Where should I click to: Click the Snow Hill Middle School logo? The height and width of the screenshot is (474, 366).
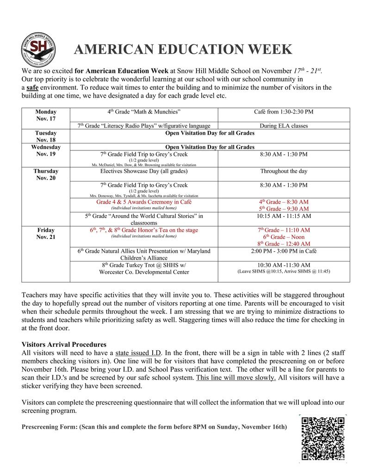click(x=39, y=50)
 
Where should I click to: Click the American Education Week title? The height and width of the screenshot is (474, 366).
click(x=183, y=50)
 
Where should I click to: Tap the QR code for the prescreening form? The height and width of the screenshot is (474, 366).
click(x=323, y=438)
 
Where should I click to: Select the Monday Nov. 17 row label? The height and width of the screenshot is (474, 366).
click(x=46, y=115)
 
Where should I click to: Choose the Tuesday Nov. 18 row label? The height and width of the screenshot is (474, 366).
click(x=46, y=136)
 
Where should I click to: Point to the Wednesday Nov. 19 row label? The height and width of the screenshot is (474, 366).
click(x=46, y=151)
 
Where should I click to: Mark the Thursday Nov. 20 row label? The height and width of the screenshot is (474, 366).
click(x=46, y=175)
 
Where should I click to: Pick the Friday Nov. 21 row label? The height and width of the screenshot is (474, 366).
click(x=46, y=233)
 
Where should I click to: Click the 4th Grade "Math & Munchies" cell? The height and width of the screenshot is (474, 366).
click(x=143, y=112)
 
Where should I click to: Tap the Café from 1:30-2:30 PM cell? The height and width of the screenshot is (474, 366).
click(x=283, y=112)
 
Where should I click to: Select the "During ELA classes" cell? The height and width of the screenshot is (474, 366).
click(x=283, y=125)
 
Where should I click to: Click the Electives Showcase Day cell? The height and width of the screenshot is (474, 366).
click(x=143, y=171)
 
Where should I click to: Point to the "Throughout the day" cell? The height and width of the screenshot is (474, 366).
click(x=283, y=171)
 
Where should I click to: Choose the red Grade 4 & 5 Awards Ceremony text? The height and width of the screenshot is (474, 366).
click(x=143, y=202)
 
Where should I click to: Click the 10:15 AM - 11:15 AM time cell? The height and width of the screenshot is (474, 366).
click(x=283, y=216)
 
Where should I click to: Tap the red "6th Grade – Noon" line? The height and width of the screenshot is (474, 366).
click(x=283, y=237)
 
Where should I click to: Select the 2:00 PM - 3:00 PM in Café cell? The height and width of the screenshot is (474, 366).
click(x=283, y=251)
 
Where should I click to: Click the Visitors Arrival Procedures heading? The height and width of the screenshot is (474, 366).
click(x=64, y=344)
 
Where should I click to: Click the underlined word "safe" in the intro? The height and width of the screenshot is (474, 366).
click(x=32, y=87)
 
